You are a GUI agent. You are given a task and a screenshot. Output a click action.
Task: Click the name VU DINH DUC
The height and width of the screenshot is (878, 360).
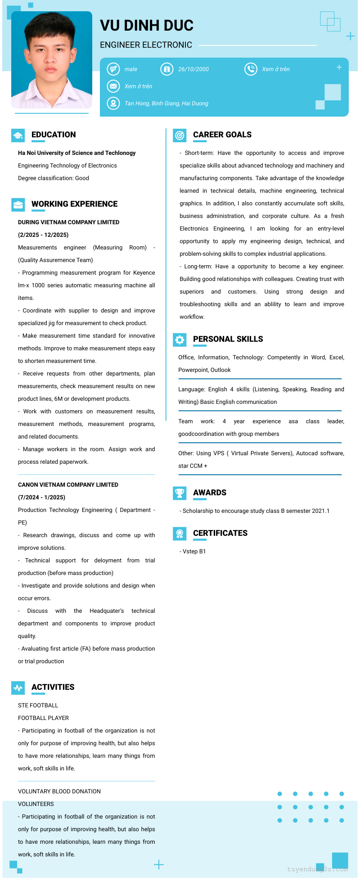pos(147,26)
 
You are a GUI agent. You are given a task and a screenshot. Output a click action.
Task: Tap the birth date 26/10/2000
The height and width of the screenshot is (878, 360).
pos(193,69)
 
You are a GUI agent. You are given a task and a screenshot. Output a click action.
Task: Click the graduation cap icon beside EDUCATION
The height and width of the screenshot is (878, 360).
pos(18,136)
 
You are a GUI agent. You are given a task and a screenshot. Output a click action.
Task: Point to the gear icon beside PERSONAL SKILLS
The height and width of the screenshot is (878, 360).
pos(180,340)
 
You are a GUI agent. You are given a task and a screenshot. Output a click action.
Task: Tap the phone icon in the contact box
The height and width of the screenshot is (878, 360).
pos(251,69)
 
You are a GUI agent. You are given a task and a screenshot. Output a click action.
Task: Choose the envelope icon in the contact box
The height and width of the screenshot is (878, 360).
pos(113,86)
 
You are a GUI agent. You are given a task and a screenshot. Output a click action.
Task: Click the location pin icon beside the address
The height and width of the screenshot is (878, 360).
pos(113,103)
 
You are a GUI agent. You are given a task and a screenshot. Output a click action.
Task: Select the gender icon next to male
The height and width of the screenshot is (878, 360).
pos(113,69)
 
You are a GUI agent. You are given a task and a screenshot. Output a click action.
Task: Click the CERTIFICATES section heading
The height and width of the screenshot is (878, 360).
pos(220,533)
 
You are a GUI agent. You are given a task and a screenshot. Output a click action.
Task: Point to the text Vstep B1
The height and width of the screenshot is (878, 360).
pos(194,552)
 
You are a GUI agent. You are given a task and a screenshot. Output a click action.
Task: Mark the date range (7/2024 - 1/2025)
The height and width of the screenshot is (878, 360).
pos(41,498)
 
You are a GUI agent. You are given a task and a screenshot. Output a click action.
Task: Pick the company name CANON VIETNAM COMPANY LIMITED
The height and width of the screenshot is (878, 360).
pos(68,485)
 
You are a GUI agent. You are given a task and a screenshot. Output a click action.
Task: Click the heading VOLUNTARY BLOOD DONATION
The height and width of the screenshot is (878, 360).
pos(59,792)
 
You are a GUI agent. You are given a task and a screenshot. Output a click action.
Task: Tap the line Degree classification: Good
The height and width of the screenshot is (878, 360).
pos(54,178)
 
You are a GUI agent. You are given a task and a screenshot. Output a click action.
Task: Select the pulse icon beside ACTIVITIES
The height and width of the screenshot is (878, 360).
pos(18,688)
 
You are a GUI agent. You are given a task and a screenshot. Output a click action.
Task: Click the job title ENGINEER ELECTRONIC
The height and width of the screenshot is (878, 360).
pos(146,45)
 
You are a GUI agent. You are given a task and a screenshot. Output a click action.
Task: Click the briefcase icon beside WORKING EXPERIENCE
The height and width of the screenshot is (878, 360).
pos(18,205)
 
